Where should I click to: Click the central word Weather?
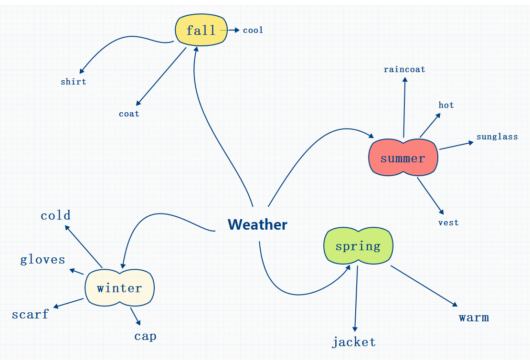coord(257,224)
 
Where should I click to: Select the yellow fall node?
coord(201,31)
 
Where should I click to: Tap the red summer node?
coord(403,158)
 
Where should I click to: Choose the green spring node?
coord(358,246)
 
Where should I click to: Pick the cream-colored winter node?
coord(119,288)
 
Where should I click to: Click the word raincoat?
coord(404,69)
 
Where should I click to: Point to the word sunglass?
coord(497,137)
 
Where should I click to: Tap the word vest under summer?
coord(448,222)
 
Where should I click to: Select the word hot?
coord(446,105)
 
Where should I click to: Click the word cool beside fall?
coord(253,30)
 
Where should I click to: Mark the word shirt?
coord(74,82)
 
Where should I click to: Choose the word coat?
coord(129,114)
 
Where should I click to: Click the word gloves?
coord(42,260)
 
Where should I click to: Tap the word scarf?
coord(30,314)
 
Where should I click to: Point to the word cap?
coord(145,336)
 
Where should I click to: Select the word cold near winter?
coord(55,215)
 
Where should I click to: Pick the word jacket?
coord(354,342)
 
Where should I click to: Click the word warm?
coord(474,318)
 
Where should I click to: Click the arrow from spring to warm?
coord(424,286)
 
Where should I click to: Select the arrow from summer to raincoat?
coord(404,107)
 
